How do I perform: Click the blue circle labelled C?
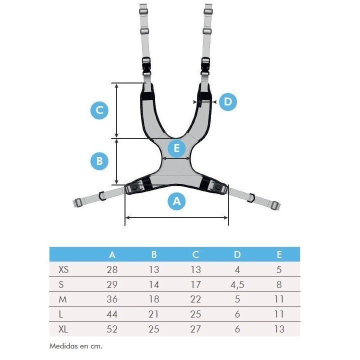point(99,110)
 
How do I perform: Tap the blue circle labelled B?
point(99,161)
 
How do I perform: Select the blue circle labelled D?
point(227,102)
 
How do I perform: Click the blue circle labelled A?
point(176,201)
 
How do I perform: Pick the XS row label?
point(63,269)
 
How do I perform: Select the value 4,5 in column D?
point(237,284)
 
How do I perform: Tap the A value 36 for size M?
point(112,299)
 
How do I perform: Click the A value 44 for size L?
point(112,314)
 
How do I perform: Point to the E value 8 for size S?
point(279,284)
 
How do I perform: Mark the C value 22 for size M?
point(195,299)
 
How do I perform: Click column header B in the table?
point(154,254)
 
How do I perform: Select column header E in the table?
point(279,254)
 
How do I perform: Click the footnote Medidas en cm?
point(76,345)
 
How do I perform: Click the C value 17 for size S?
point(195,284)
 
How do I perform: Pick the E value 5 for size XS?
point(279,269)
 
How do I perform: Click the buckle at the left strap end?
point(77,203)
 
